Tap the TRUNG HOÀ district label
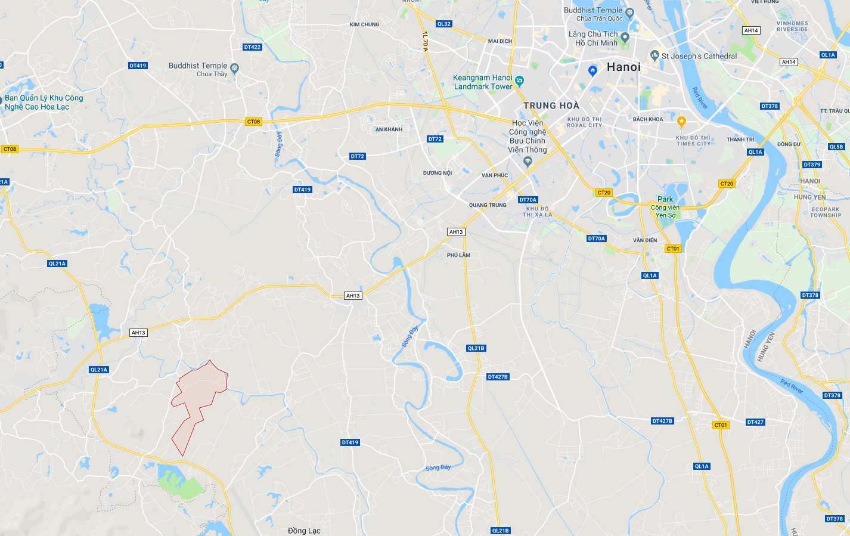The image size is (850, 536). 551,106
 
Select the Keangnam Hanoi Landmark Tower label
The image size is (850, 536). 483,82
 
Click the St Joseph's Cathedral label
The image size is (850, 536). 699,56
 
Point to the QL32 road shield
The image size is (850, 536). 443,24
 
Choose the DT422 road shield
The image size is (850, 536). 253,47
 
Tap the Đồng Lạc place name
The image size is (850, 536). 304,531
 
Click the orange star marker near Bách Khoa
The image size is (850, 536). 681,122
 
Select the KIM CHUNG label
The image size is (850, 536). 364,24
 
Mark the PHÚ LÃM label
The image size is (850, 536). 458,255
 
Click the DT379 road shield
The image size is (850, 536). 811,165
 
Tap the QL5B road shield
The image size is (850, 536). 836,147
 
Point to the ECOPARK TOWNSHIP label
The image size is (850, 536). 825,212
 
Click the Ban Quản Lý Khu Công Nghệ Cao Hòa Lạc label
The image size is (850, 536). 44,103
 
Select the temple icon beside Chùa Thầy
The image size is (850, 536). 234,69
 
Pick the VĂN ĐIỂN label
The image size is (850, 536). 645,240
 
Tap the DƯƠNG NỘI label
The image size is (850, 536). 438,173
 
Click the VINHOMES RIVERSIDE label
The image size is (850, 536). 792,26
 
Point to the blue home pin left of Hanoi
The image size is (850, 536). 592,70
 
